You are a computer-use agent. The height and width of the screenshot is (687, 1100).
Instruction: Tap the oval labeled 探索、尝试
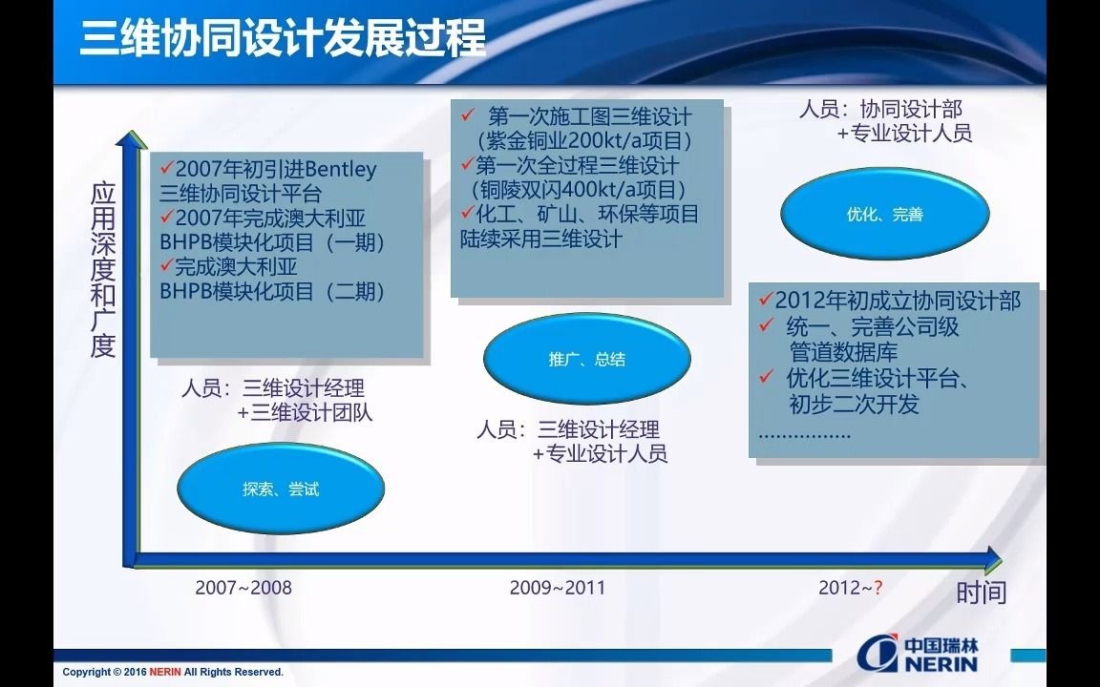coord(281,489)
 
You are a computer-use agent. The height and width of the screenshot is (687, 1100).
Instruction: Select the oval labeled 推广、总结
coord(587,360)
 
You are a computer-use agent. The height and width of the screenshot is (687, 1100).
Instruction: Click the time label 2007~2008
coord(243,587)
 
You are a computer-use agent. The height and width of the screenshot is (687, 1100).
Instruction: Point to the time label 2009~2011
coord(558,587)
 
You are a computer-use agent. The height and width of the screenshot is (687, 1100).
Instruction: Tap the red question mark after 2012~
coord(877,587)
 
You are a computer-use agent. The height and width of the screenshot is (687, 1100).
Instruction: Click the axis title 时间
coord(982,593)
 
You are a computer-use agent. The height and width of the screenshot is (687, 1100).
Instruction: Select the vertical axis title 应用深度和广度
coord(103,270)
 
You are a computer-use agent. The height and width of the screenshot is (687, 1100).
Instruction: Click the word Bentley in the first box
coord(340,170)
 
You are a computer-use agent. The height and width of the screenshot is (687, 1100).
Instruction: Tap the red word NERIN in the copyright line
coord(164,673)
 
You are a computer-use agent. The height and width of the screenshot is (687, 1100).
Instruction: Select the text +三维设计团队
coord(306,413)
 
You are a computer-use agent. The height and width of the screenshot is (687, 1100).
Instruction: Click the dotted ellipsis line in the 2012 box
coord(805,434)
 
